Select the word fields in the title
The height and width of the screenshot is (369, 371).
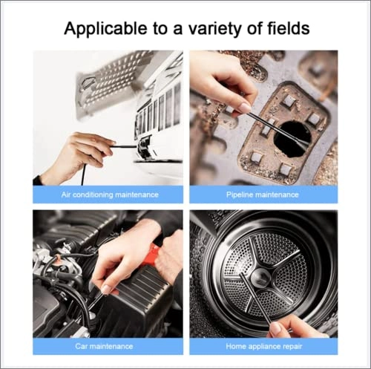coord(286,29)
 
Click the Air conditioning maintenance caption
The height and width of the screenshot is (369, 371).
coord(110,195)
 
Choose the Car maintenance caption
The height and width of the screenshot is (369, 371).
coord(110,346)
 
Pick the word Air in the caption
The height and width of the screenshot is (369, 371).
coord(67,195)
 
